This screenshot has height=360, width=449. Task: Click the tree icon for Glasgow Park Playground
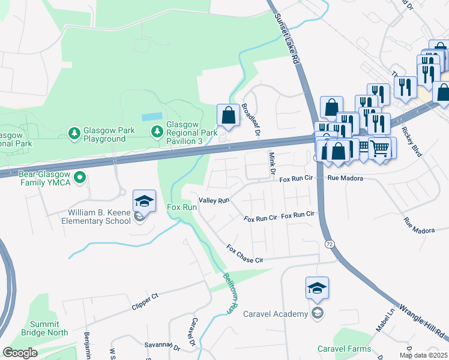[74, 131]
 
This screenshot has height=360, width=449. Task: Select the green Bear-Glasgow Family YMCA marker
[79, 176]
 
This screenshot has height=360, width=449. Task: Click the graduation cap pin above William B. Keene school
[144, 202]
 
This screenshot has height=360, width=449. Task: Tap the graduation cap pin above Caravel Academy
[317, 289]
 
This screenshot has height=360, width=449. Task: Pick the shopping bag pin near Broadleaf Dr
[228, 115]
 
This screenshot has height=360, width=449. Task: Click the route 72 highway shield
[330, 245]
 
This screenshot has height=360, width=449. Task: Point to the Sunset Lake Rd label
[287, 39]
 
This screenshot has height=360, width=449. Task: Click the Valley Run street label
[215, 201]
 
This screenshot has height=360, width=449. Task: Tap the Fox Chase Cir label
[245, 254]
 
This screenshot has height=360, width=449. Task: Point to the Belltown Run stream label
[232, 293]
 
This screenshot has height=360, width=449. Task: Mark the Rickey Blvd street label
[413, 142]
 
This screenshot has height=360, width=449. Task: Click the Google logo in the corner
[19, 353]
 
